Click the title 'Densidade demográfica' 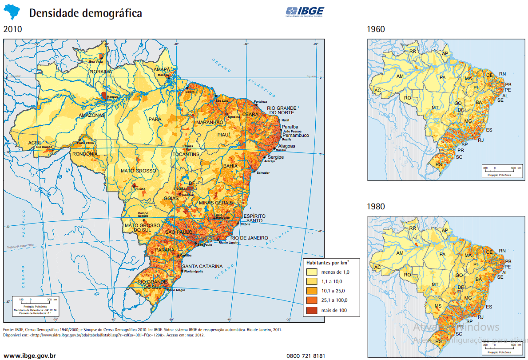pos(85,13)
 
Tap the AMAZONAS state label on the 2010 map pos(91,115)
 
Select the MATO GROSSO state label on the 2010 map pos(138,171)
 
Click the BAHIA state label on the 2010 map pos(230,166)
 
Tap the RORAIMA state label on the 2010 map pos(101,71)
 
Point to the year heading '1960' pos(376,29)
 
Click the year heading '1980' pos(376,207)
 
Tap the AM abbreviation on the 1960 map pos(400,76)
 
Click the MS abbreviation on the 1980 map pos(438,306)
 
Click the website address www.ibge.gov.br pos(30,356)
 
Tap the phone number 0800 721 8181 pos(306,356)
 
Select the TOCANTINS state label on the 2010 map pos(187,154)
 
